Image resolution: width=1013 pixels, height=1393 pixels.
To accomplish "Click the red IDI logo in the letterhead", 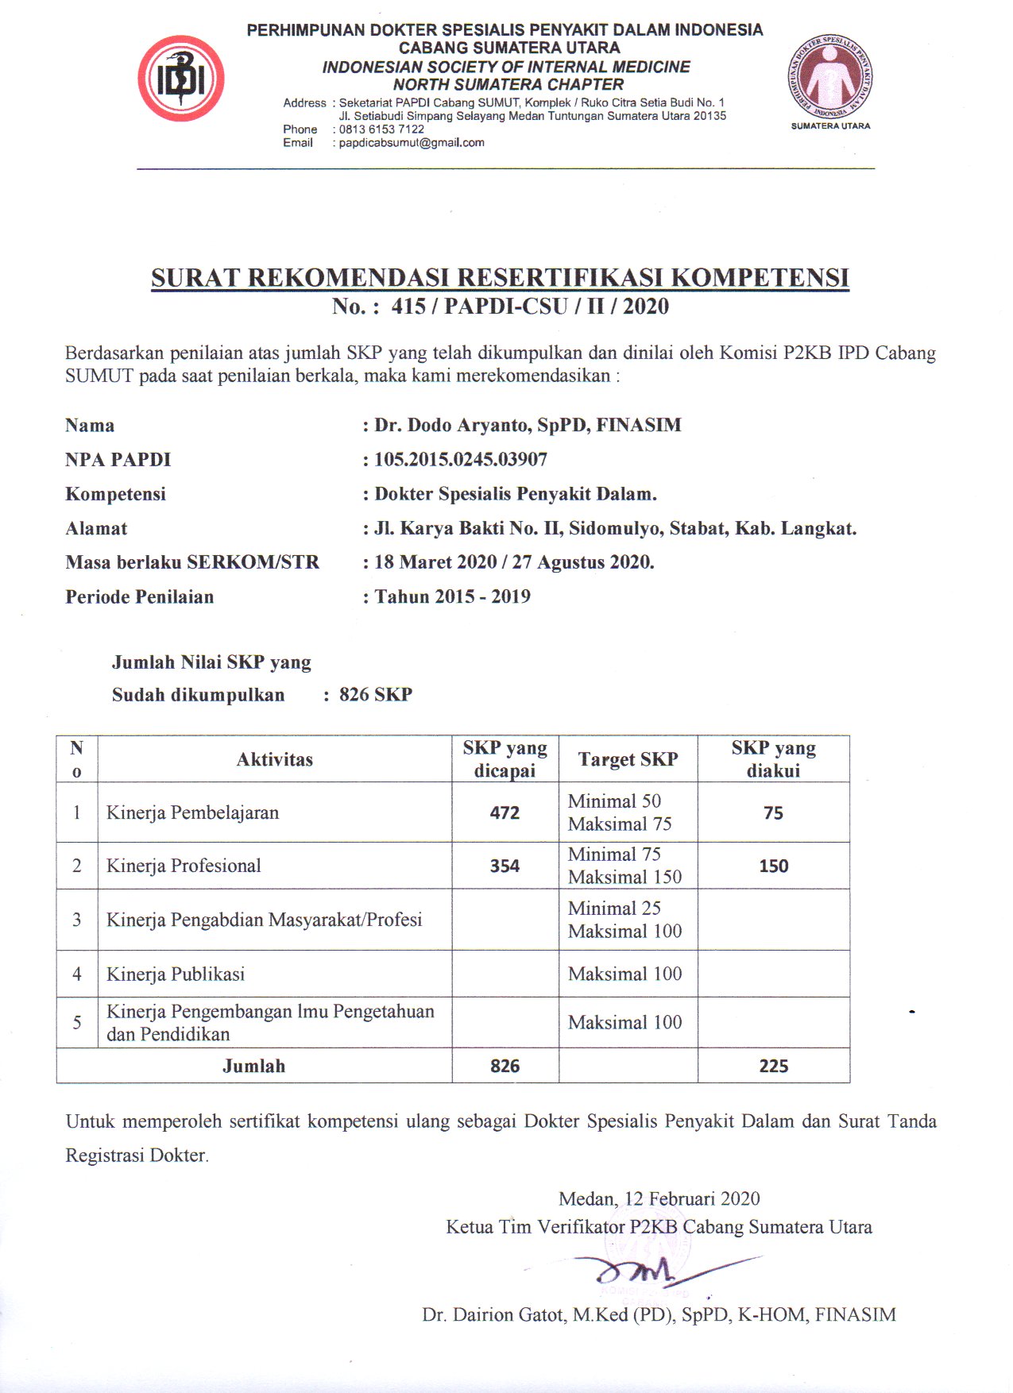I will [181, 78].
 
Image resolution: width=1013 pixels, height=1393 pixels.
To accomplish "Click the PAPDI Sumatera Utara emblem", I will [830, 78].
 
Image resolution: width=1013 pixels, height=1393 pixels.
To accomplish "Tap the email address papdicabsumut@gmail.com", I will [412, 143].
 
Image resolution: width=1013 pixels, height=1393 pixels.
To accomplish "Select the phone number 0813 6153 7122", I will [381, 129].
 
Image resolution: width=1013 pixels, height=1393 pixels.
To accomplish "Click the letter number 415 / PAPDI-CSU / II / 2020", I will [530, 307].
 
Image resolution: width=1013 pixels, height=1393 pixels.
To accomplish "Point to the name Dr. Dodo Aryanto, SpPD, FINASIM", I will [528, 426].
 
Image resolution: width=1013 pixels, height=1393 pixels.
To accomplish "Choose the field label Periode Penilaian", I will [140, 597].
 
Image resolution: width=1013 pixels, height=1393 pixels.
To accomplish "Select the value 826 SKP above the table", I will [376, 695].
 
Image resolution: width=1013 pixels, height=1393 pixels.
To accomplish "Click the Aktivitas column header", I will [275, 760].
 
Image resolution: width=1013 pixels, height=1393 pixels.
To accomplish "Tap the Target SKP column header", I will [628, 760].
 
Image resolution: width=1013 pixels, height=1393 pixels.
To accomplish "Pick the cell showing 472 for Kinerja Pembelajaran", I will [505, 813].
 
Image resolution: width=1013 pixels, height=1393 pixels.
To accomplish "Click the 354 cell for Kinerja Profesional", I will [505, 866].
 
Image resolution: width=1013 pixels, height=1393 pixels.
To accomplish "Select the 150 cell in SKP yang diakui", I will [773, 866].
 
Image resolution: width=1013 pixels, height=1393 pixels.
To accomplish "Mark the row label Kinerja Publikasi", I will [176, 974].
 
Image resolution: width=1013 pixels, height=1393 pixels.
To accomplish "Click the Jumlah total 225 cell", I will [773, 1067].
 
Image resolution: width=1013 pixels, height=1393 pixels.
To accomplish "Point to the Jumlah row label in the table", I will [253, 1067].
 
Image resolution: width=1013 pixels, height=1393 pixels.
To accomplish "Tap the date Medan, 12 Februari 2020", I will [659, 1199].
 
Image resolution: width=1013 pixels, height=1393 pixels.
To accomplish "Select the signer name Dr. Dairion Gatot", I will [659, 1315].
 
